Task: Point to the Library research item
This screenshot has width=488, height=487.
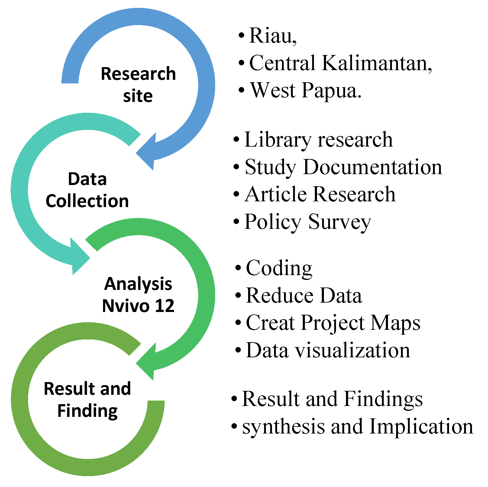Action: coord(318,140)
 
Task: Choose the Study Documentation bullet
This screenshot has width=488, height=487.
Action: coord(343,167)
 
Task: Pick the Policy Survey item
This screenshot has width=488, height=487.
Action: coord(308,222)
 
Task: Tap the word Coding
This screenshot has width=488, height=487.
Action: coord(279,268)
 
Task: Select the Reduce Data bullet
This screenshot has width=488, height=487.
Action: coord(304,295)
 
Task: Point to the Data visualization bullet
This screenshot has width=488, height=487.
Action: coord(328,350)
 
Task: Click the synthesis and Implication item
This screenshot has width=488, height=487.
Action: coord(358,427)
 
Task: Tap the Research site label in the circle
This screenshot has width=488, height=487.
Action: coord(138,85)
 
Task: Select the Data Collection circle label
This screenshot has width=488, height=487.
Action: coord(87,190)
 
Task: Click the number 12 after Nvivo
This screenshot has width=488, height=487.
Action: coord(165,306)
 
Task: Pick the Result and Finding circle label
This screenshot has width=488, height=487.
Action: coord(87,400)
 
